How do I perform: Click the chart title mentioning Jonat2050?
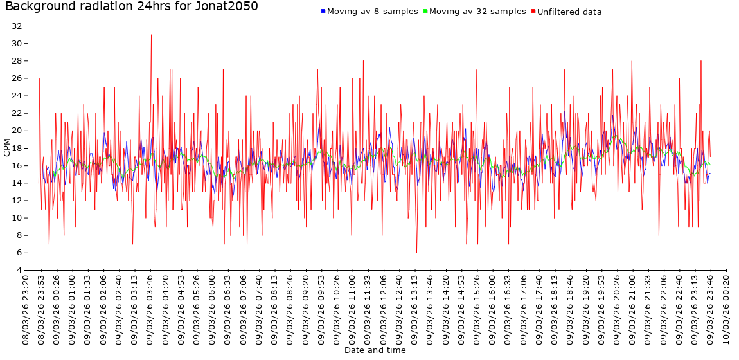[132, 7]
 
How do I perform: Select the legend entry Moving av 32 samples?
[477, 12]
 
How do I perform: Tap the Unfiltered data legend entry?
[569, 12]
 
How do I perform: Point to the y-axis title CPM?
[7, 148]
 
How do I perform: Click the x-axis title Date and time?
[375, 350]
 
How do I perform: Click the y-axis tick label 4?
[19, 270]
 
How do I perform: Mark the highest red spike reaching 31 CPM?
[151, 35]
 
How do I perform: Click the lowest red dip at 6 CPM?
[416, 253]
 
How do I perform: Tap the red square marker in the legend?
[533, 12]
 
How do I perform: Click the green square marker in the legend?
[425, 12]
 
